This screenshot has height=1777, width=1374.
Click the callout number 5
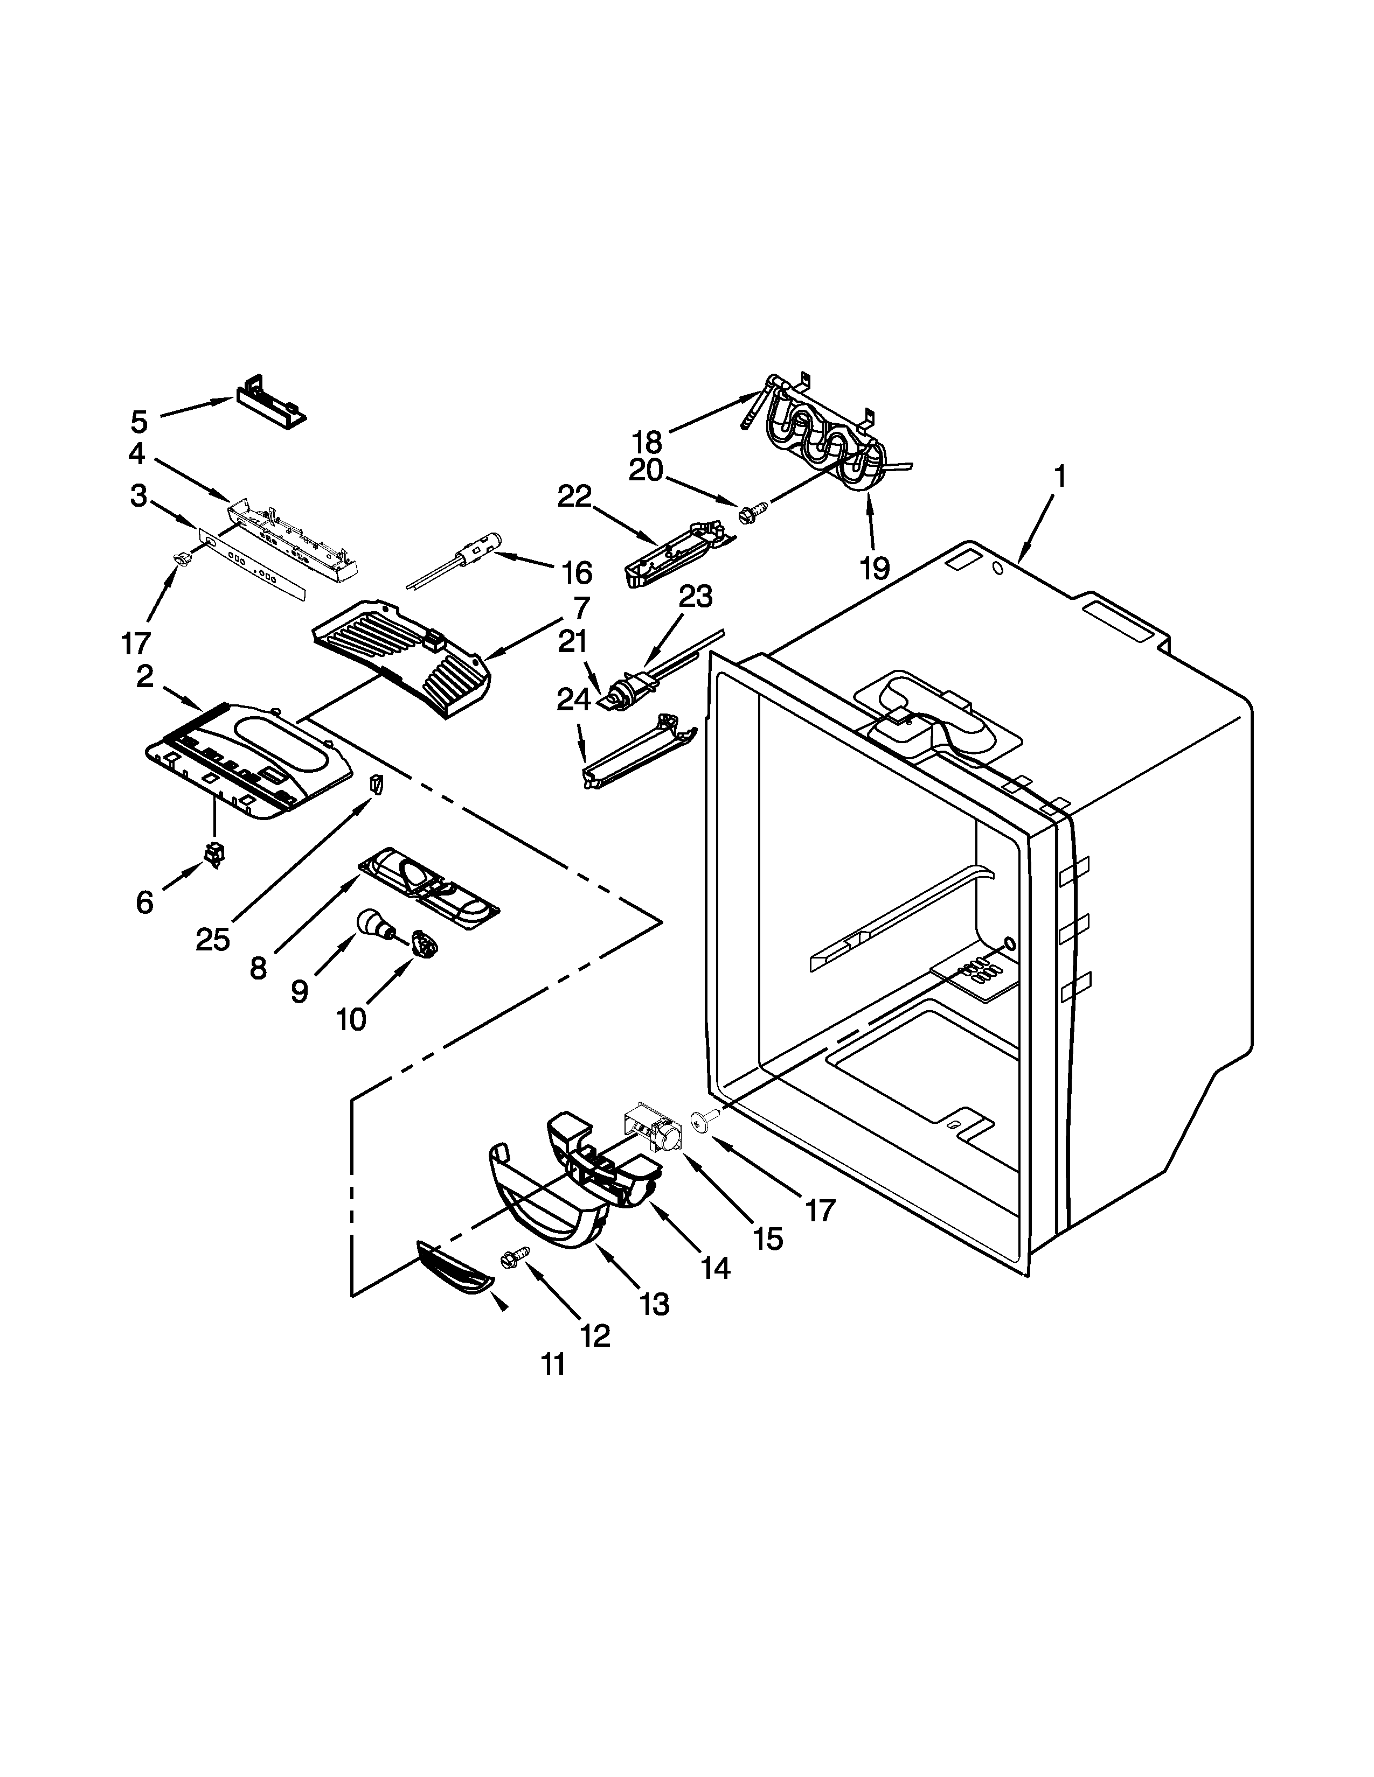click(139, 422)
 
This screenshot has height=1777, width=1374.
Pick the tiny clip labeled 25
click(375, 783)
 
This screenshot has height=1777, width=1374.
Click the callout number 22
click(575, 496)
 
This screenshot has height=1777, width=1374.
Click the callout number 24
click(573, 699)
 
